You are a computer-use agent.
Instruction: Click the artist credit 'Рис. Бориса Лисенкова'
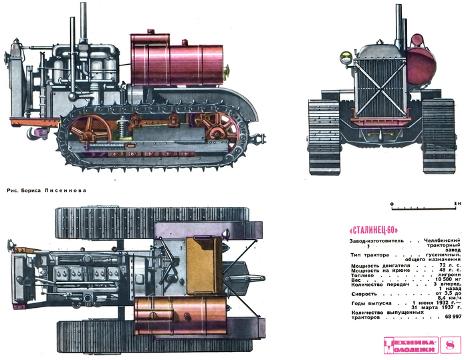45,189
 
